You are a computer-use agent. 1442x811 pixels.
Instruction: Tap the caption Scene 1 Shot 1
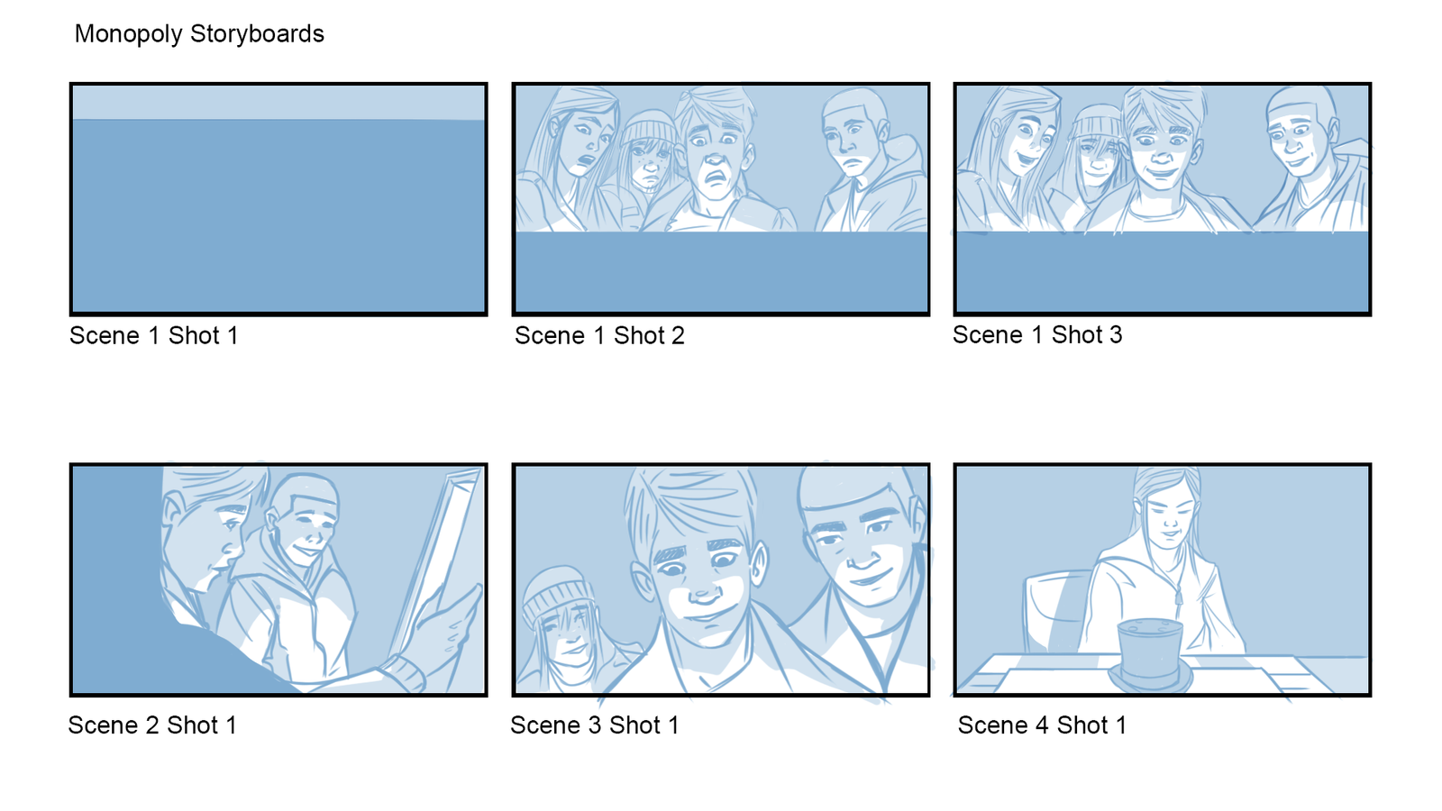[154, 335]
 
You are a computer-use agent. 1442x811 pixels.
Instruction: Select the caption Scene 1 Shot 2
[599, 335]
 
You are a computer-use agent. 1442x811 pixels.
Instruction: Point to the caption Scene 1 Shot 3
[1037, 334]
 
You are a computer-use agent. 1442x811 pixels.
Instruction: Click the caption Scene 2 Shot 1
[152, 725]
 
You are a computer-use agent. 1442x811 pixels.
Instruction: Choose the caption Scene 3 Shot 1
[595, 725]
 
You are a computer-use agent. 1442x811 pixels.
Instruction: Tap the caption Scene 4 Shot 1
[1042, 725]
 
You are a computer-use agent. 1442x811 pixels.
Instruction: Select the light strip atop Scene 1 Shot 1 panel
[278, 103]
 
